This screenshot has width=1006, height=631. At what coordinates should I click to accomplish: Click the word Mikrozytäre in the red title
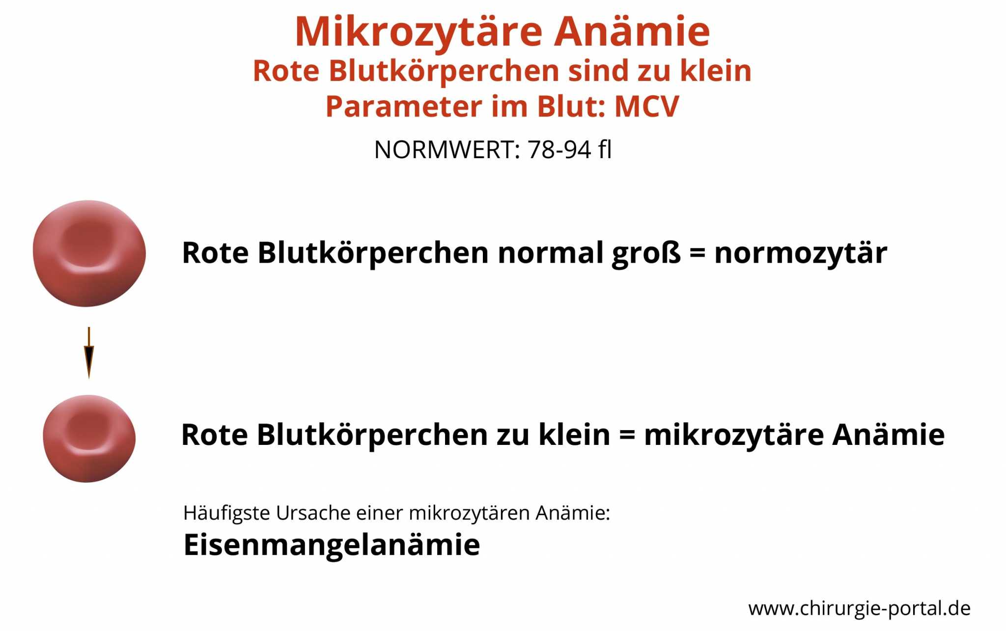419,32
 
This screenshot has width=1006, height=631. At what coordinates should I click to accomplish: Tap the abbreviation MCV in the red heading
646,107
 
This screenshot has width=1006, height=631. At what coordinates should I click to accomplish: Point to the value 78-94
559,149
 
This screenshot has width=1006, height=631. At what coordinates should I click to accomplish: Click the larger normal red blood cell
89,253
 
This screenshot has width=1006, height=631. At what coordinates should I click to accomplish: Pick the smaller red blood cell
89,439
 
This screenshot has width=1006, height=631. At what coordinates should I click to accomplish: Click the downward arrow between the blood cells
89,353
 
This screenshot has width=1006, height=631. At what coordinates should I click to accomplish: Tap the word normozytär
801,254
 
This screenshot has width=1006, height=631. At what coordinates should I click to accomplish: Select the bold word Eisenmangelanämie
332,545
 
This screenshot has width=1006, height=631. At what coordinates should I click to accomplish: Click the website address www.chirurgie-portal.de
860,608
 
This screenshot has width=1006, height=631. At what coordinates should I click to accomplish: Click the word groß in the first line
646,254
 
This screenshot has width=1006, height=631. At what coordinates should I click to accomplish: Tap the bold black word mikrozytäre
734,435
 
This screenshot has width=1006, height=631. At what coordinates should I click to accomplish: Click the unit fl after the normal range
605,149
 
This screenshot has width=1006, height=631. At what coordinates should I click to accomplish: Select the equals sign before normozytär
698,254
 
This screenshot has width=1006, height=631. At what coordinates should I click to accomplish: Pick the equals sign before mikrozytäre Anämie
627,435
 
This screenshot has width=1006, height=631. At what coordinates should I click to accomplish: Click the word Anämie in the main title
632,32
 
